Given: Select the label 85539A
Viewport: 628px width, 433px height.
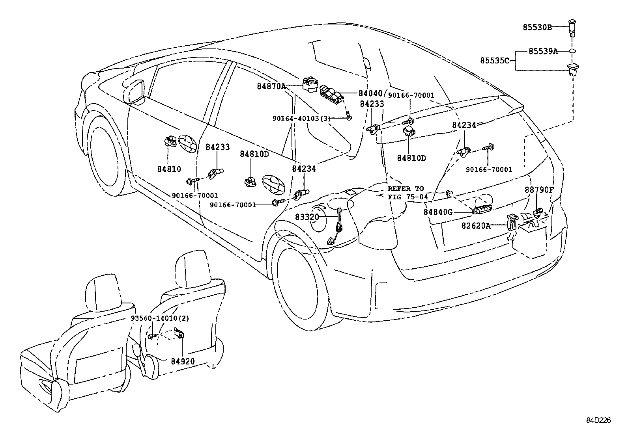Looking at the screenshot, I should (x=543, y=51).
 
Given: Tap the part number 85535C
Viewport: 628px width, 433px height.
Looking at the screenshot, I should (x=495, y=61).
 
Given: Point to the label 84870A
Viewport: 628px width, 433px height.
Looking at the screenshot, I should (x=271, y=86).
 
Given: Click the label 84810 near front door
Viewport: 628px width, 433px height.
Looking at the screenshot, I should (x=169, y=169).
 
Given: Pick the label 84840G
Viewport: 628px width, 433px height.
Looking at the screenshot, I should (x=438, y=212).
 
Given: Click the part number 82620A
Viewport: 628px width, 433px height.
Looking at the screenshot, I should (x=476, y=225).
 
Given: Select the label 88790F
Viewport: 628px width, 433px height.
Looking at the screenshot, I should (x=539, y=190).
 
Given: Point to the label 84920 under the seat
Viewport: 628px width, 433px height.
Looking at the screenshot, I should (x=183, y=361).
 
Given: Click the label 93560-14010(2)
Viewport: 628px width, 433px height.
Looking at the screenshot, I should (x=160, y=318).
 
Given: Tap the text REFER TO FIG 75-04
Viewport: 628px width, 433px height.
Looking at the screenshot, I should (x=406, y=193).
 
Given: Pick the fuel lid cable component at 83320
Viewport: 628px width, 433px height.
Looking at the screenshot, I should (x=338, y=227).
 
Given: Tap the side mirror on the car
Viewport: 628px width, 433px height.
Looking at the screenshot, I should (x=135, y=91).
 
